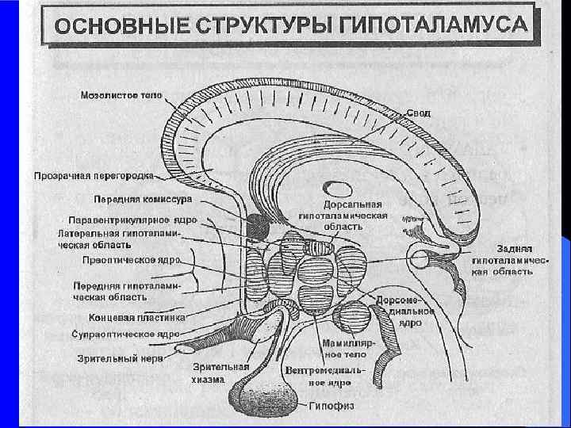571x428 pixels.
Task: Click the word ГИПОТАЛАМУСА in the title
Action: point(433,25)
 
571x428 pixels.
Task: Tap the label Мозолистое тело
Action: point(121,95)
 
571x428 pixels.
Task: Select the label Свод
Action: point(420,113)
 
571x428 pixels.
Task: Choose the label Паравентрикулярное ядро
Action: point(132,220)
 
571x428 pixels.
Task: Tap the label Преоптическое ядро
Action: point(131,259)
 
